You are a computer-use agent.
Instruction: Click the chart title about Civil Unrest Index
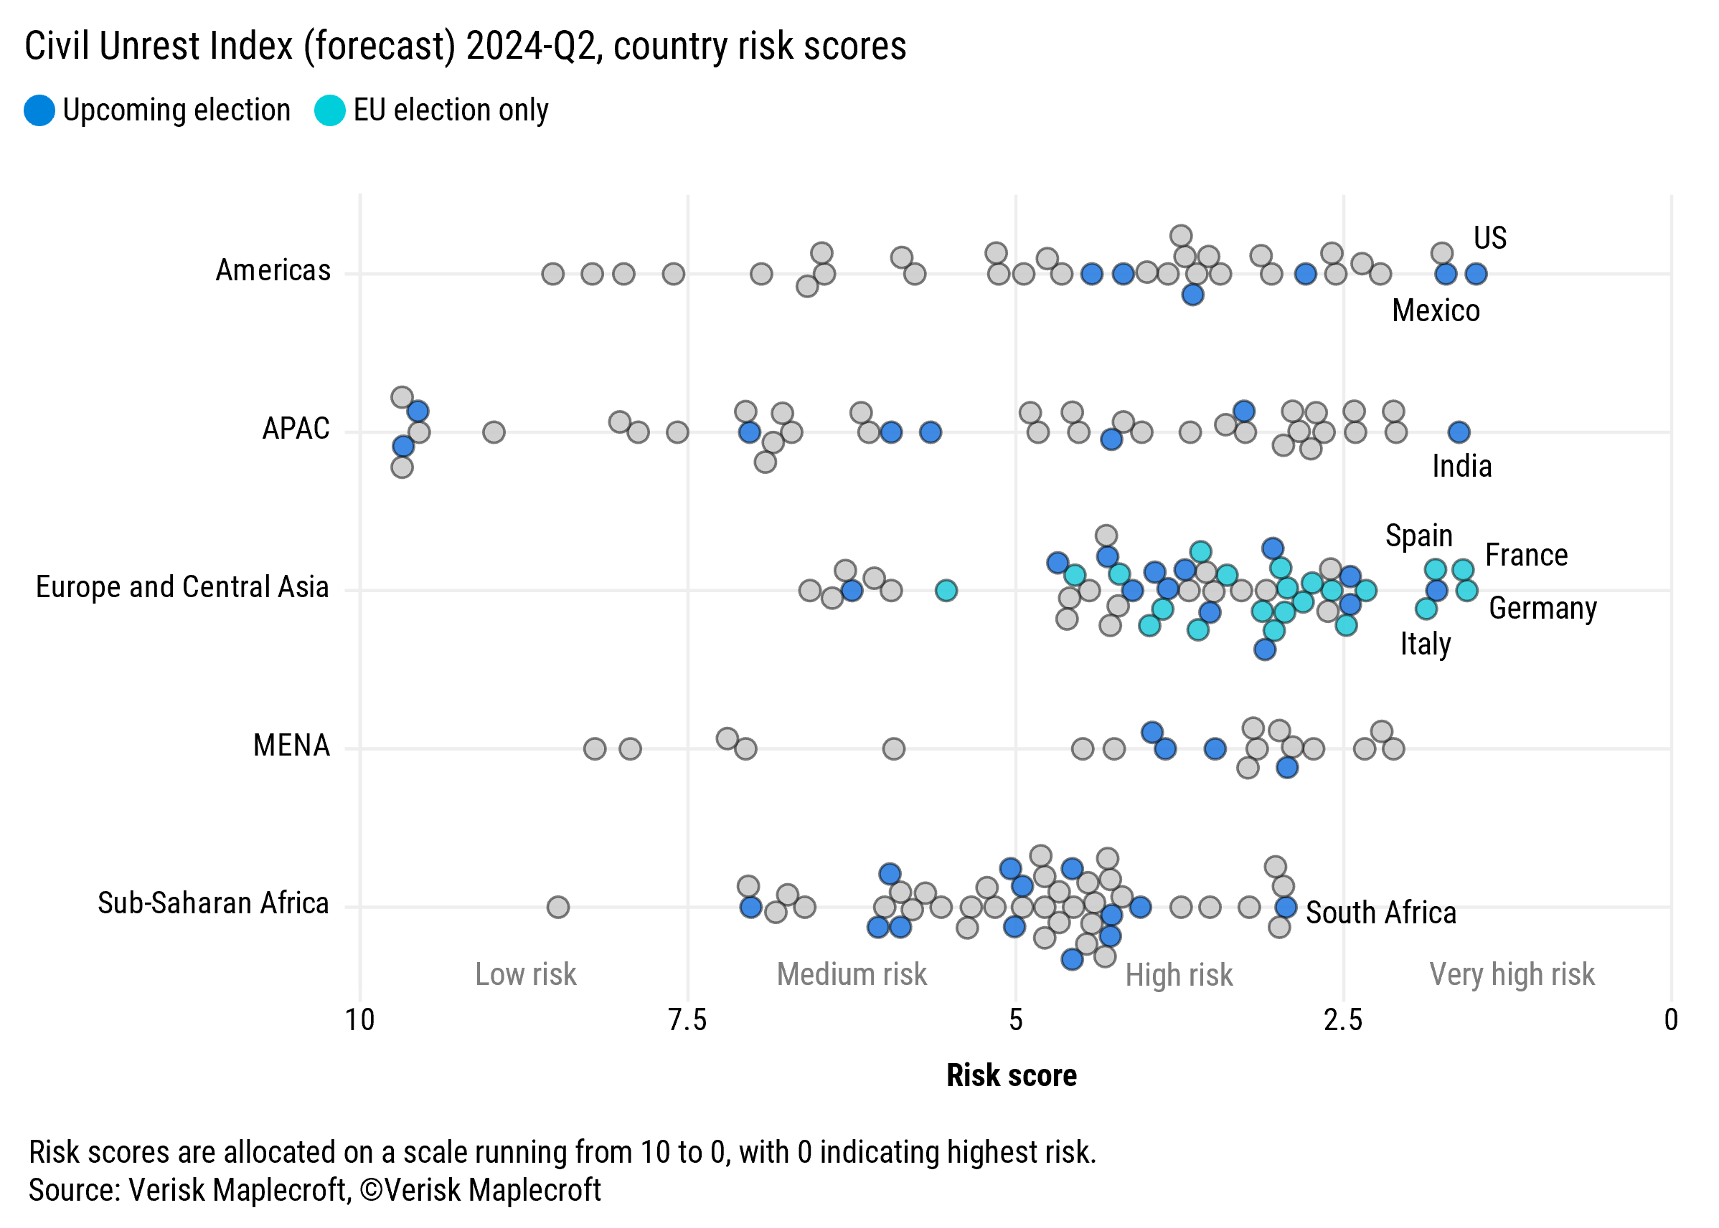coord(465,47)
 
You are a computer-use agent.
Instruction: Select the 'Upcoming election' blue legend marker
coord(39,110)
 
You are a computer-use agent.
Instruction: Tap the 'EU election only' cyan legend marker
coord(330,110)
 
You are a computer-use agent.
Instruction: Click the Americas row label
coord(273,271)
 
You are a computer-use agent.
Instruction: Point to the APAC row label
coord(296,429)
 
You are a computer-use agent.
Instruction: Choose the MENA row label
coord(291,746)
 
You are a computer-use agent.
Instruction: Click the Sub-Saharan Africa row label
coord(213,903)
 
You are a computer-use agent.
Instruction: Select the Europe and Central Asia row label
coord(182,588)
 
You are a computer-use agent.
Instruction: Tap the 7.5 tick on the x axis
coord(687,1020)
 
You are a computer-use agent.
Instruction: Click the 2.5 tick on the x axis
coord(1343,1020)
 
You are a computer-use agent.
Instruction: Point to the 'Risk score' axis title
coord(1011,1075)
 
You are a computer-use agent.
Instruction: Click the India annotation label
coord(1461,467)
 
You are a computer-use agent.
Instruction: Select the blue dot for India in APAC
coord(1459,432)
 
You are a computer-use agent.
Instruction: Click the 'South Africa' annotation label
coord(1381,913)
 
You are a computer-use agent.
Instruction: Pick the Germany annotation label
coord(1542,608)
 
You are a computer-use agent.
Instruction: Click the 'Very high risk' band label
coord(1511,975)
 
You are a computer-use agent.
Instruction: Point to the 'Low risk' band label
coord(525,975)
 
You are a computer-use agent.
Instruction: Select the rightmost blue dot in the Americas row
coord(1475,274)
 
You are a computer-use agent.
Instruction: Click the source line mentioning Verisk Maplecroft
coord(314,1190)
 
